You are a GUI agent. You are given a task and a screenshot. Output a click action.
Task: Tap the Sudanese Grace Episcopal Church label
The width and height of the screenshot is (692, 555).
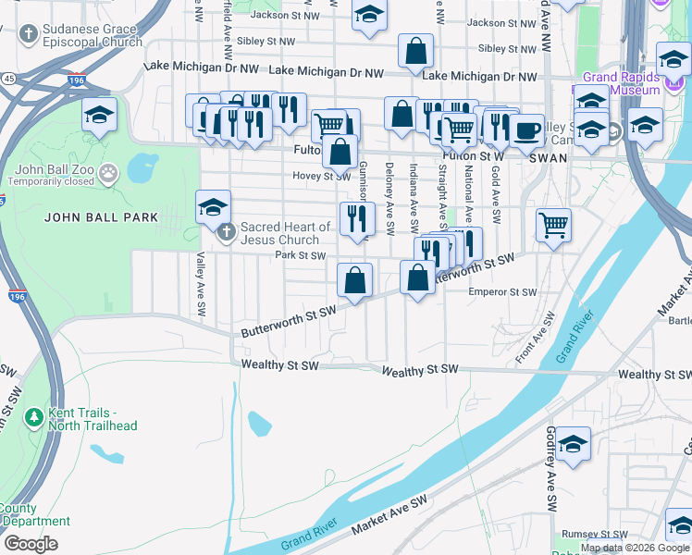click(92, 35)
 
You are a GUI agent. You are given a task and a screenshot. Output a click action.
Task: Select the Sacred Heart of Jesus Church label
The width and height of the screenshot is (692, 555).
click(285, 233)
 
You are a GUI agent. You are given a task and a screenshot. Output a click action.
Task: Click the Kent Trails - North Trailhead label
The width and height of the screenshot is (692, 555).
click(81, 419)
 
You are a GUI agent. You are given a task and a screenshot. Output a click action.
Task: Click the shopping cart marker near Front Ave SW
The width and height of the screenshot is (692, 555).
click(553, 224)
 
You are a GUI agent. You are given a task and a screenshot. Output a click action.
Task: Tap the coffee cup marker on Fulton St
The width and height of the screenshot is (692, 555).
click(527, 130)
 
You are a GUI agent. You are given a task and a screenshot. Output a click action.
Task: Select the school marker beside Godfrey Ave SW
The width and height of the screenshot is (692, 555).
click(574, 444)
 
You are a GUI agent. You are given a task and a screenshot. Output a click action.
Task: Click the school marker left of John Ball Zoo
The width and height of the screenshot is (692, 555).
click(100, 115)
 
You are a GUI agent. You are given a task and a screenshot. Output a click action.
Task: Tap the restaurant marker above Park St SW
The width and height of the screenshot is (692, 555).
click(356, 218)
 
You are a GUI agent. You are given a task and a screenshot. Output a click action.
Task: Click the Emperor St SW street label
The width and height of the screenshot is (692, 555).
click(502, 292)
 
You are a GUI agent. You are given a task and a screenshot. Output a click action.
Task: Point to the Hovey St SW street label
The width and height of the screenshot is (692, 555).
click(319, 176)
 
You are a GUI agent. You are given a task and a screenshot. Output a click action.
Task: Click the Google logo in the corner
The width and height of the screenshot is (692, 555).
click(31, 543)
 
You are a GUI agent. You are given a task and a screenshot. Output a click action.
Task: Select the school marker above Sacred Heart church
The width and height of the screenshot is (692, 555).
click(213, 207)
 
